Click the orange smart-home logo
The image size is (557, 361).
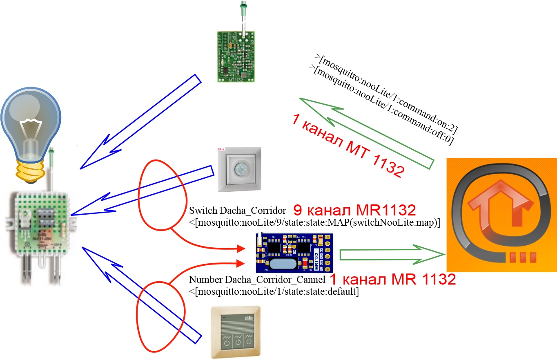pyautogui.click(x=501, y=215)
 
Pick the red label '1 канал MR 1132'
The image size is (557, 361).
pyautogui.click(x=392, y=280)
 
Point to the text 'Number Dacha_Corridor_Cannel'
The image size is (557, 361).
pyautogui.click(x=257, y=280)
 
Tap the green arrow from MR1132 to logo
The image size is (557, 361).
pyautogui.click(x=392, y=255)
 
